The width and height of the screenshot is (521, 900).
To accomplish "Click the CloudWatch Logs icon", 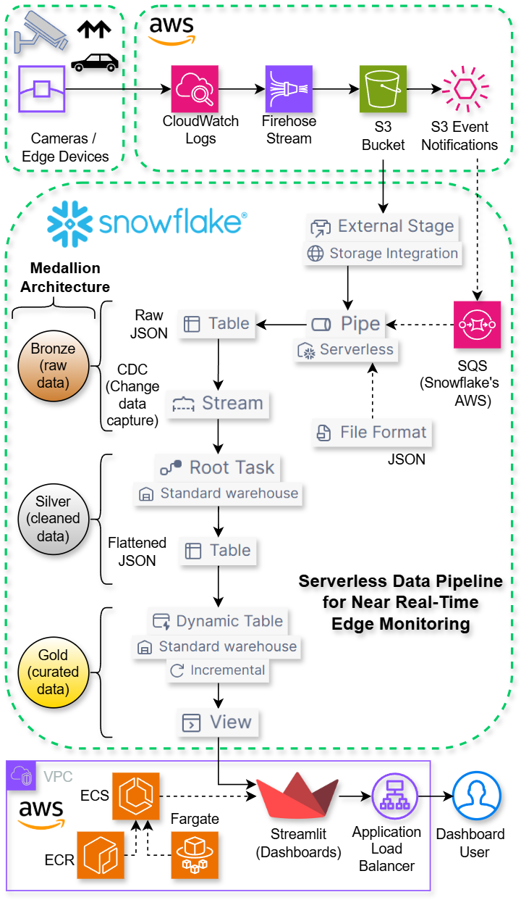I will pos(195,89).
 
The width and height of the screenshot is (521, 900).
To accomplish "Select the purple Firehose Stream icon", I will pos(289,89).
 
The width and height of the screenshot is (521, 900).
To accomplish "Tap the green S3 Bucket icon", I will pos(383,89).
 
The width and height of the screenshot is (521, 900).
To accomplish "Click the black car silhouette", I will pos(94,63).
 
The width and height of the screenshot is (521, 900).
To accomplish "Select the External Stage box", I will pos(383,226).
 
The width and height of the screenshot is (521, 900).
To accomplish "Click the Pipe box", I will pos(347,324).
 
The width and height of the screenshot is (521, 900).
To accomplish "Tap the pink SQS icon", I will pos(477,324).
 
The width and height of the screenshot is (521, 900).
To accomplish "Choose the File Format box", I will pos(372,433).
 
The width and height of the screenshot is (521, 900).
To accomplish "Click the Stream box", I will pos(218,404).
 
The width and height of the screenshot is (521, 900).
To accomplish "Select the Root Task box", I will pos(218,467).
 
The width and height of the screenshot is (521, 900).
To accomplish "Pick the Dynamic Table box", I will pos(218,621).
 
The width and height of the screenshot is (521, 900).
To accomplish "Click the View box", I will pos(218,722).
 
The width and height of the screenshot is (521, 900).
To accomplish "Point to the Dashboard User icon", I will pos(477,796).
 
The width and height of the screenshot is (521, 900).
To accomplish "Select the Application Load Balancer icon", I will pos(395,796).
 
